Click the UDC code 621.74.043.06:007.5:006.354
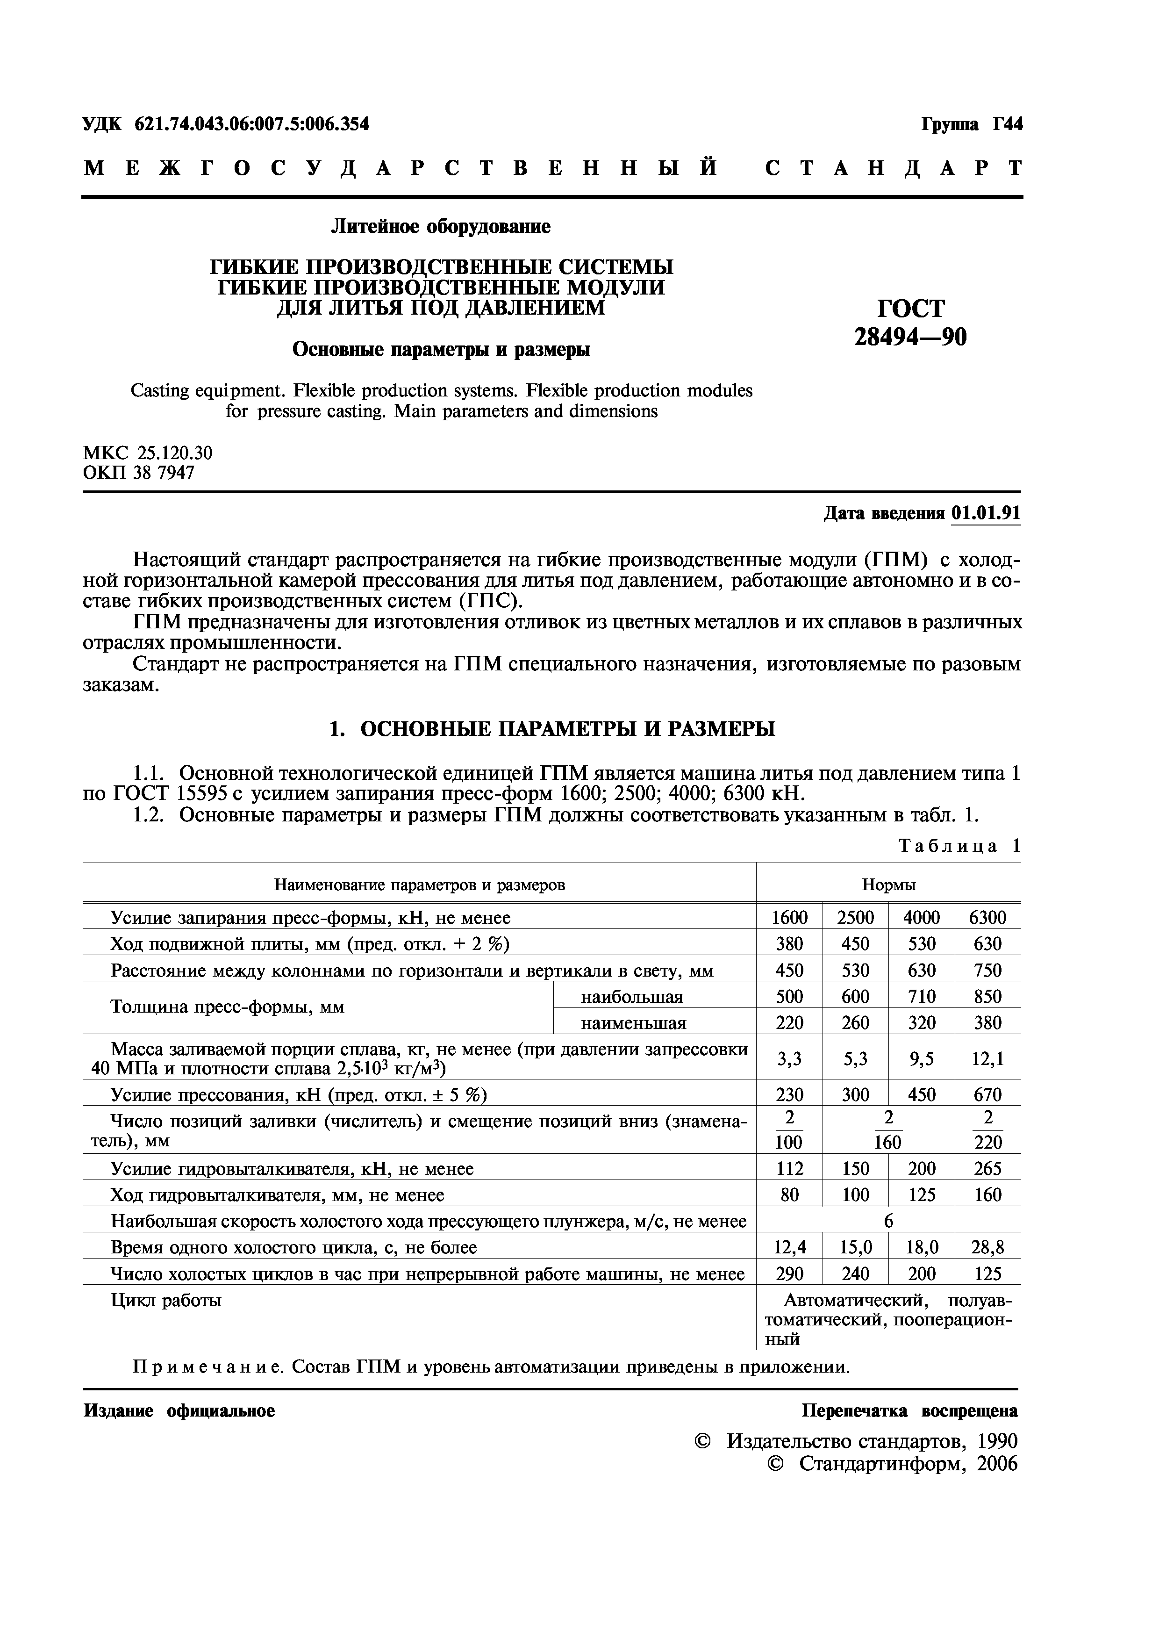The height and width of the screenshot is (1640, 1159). coord(251,124)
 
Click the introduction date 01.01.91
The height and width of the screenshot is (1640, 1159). coord(986,514)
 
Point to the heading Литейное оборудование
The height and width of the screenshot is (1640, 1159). coord(441,227)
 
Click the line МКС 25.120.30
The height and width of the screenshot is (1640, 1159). coord(148,453)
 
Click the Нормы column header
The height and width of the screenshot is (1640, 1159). coord(888,885)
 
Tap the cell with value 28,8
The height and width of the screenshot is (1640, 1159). coord(987,1248)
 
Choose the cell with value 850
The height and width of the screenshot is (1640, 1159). coord(987,996)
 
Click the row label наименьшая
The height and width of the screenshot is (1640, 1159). coord(633,1023)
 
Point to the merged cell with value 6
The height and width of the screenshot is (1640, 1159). coord(888,1222)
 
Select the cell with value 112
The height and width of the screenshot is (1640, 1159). coord(789,1169)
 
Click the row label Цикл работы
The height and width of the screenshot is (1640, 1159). coord(166,1300)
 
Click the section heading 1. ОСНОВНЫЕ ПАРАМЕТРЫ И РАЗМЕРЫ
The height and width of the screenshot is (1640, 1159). coord(551,729)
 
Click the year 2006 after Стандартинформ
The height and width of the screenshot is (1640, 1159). coord(997,1464)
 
